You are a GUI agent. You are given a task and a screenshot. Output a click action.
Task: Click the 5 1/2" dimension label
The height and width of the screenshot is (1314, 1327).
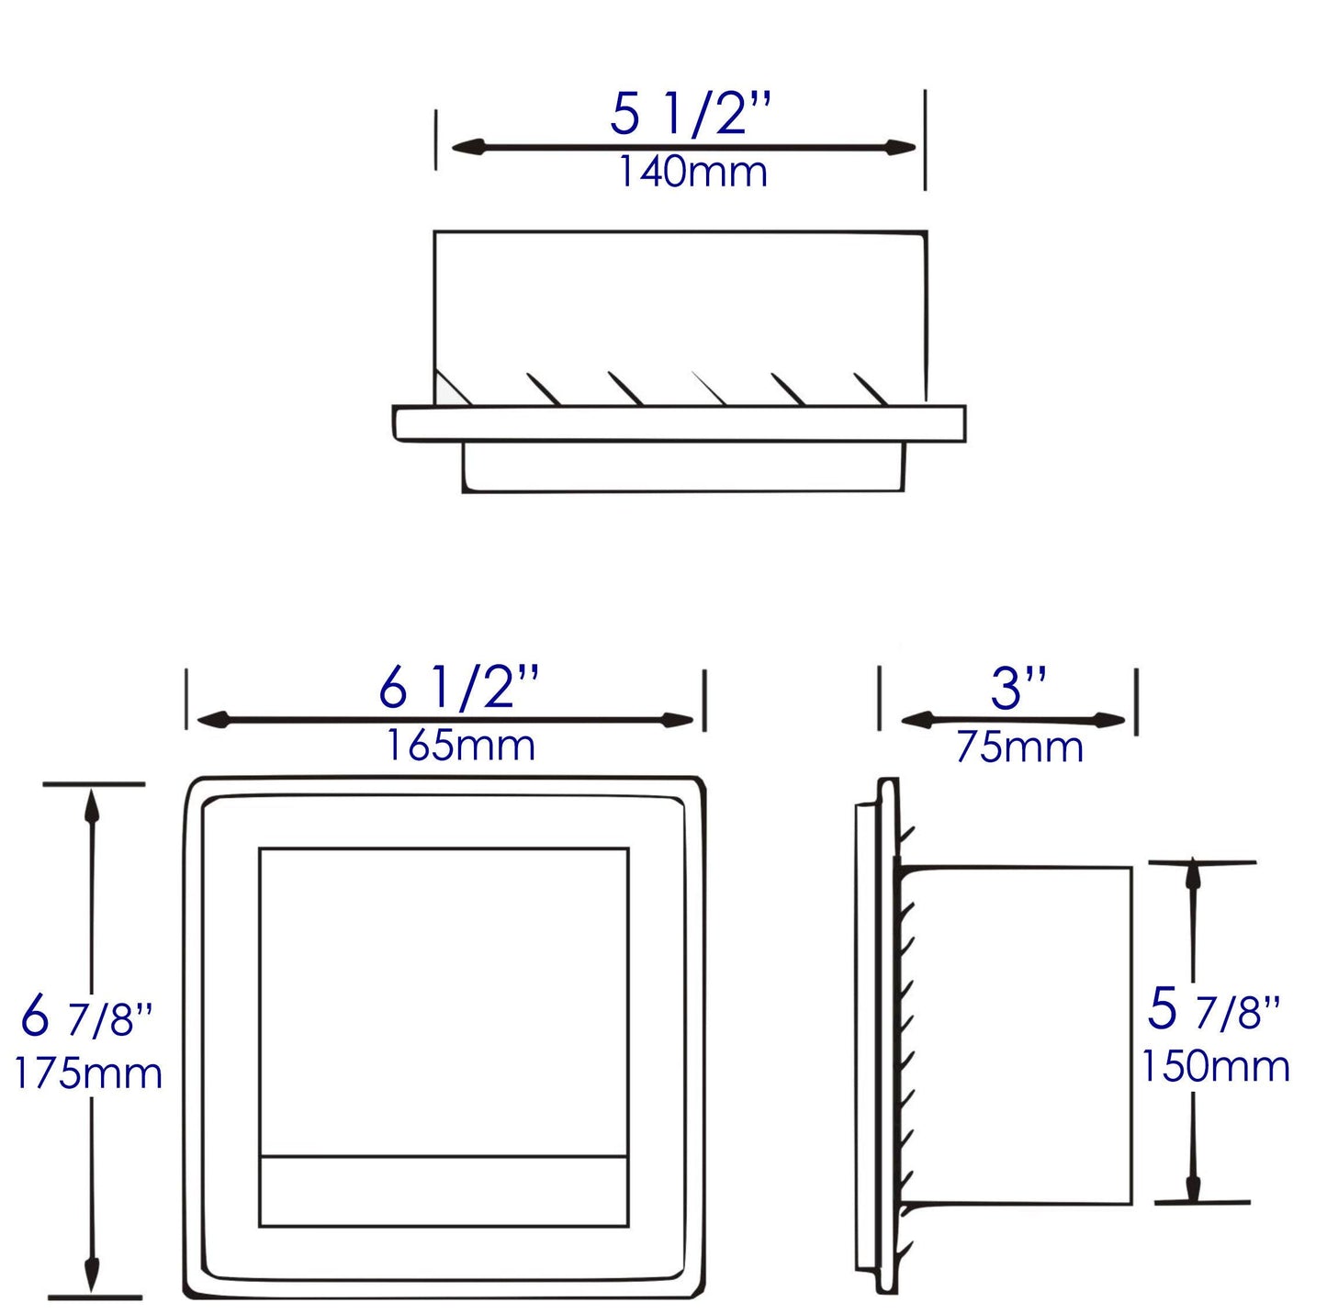(691, 115)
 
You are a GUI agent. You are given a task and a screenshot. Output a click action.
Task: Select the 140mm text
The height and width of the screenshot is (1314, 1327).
(692, 173)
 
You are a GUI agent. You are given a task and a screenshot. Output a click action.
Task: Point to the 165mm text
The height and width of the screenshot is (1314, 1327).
(460, 745)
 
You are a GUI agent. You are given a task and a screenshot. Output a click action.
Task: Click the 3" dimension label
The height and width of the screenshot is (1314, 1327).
(1018, 688)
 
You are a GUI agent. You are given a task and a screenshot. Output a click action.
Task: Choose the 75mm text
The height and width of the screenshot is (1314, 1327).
(1019, 747)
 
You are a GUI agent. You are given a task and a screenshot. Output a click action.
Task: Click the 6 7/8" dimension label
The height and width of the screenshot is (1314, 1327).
(86, 1016)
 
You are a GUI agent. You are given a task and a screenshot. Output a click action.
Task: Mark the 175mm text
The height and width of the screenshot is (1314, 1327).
(88, 1073)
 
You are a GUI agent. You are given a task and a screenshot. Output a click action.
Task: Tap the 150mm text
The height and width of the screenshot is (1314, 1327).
(1215, 1066)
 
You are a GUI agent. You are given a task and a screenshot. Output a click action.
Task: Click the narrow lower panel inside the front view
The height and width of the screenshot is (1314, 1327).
(444, 1191)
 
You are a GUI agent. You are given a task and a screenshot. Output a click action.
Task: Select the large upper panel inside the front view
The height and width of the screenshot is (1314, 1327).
(444, 1001)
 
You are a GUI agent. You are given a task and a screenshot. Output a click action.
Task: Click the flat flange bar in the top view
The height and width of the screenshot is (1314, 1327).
(680, 423)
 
